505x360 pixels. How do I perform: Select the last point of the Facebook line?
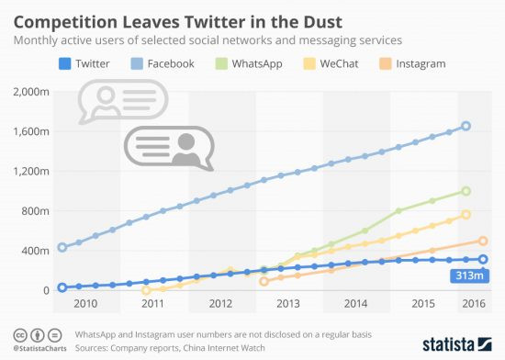click(466, 126)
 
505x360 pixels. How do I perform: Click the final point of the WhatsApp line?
click(466, 191)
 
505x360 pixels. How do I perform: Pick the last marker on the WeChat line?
click(466, 214)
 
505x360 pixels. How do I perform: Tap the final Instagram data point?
click(482, 241)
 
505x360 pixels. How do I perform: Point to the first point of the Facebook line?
click(62, 247)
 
